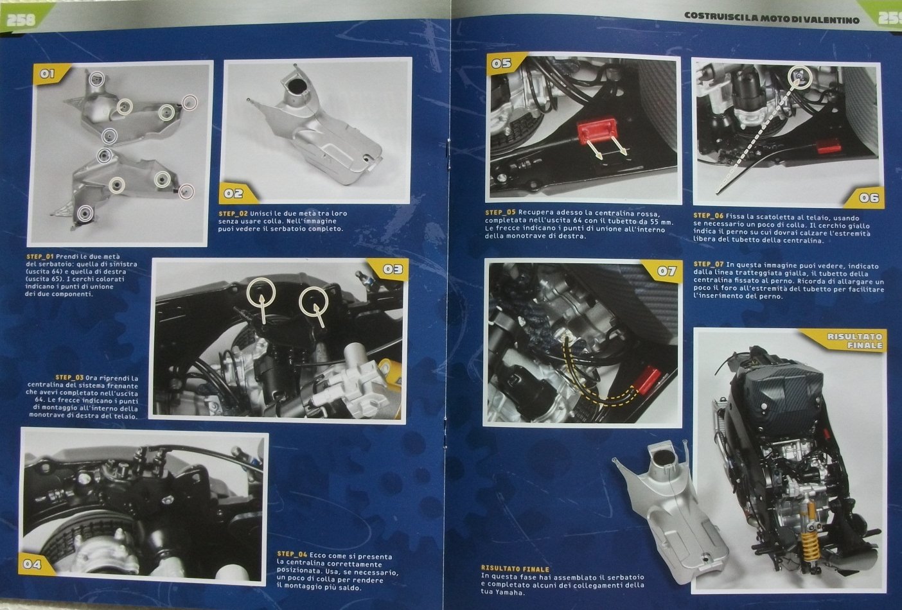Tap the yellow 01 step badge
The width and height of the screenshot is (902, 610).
click(x=48, y=74)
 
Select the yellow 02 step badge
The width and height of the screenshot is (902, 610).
click(x=236, y=193)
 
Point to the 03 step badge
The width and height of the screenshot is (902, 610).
click(x=389, y=268)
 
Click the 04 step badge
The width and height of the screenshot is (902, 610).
click(x=34, y=564)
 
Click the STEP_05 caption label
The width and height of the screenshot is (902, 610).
click(x=500, y=212)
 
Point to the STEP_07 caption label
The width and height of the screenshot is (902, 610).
click(x=709, y=264)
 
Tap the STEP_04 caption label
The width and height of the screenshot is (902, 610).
click(x=292, y=554)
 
